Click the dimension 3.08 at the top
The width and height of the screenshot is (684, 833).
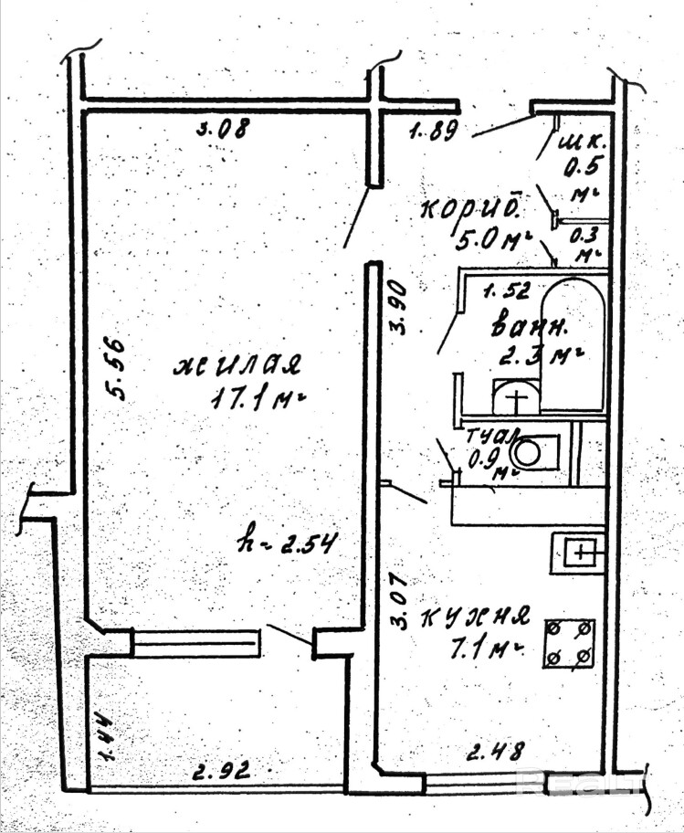click(224, 130)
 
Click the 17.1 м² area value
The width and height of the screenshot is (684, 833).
click(244, 398)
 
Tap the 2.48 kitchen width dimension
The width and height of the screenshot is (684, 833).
click(495, 754)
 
